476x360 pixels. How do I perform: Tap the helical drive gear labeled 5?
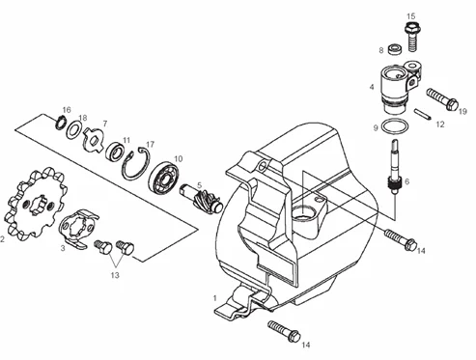point(202,199)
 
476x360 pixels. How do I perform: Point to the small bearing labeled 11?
point(115,151)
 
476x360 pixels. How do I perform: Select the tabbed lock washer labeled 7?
point(93,139)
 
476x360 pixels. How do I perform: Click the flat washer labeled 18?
point(74,130)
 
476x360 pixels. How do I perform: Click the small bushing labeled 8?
point(395,49)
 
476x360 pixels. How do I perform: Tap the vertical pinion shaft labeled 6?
point(395,167)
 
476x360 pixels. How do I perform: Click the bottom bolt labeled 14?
point(284,330)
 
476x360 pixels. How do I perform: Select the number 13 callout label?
point(115,275)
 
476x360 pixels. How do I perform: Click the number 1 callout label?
point(215,298)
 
